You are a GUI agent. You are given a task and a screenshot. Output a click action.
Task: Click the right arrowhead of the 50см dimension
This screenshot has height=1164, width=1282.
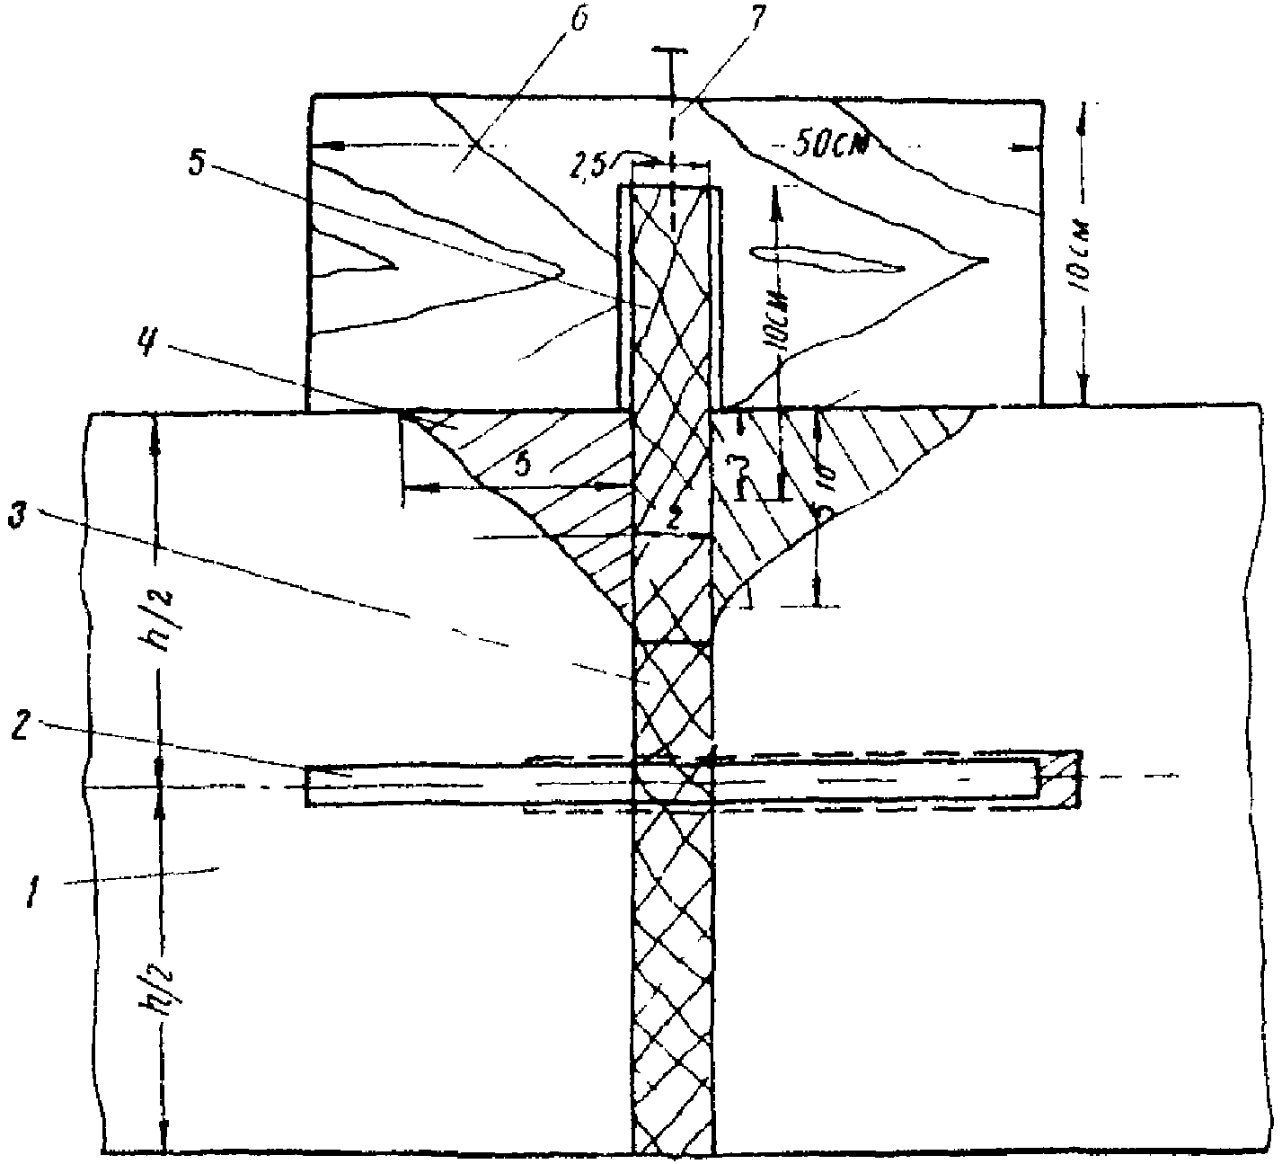click(x=1031, y=144)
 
